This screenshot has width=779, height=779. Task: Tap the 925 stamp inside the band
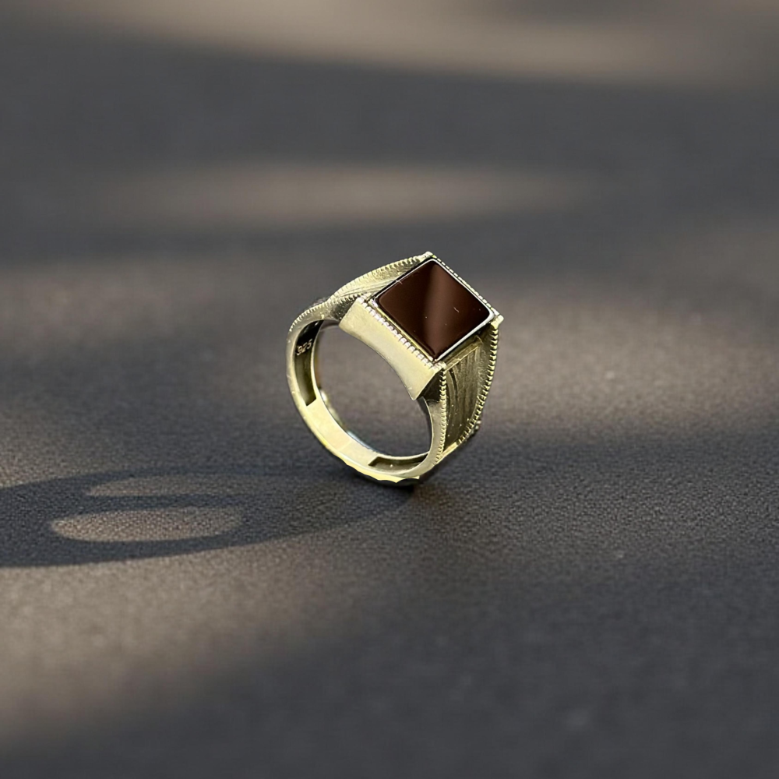[x=304, y=347]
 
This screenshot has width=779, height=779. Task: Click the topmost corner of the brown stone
[x=430, y=260]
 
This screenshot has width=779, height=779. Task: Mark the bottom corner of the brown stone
[x=435, y=359]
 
